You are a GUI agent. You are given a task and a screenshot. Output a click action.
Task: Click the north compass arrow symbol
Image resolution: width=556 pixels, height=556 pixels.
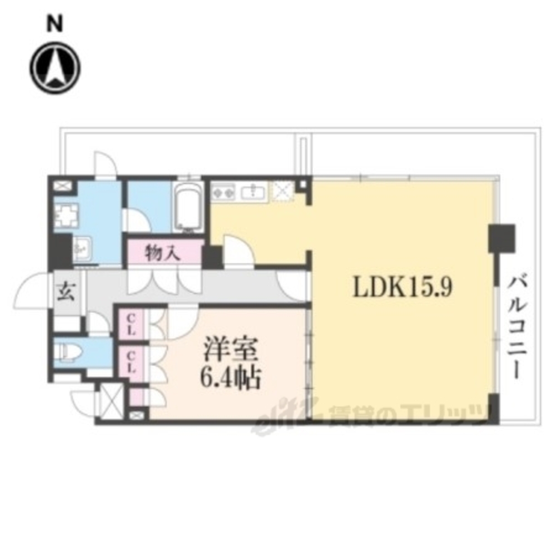(x=55, y=68)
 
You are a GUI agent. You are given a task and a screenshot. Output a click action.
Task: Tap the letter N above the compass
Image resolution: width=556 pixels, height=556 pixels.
(x=54, y=23)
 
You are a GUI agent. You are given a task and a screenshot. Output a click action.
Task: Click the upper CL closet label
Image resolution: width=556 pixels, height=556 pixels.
(x=132, y=324)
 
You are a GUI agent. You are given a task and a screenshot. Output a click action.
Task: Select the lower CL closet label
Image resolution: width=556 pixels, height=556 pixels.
(x=132, y=362)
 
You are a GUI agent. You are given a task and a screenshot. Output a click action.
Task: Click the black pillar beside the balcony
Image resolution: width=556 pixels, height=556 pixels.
(x=502, y=239)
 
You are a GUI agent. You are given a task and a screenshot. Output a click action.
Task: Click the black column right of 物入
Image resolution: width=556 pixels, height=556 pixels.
(x=212, y=256)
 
